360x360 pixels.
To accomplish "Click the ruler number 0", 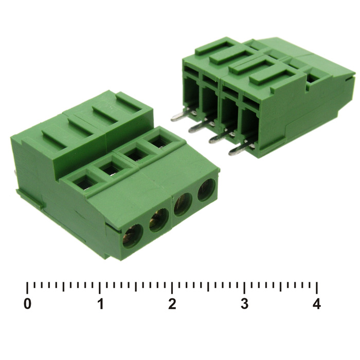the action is [x=27, y=304].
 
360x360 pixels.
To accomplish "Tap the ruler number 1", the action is [x=100, y=304].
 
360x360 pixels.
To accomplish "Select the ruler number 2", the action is [x=172, y=304].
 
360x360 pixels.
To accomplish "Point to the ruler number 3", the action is [x=244, y=304].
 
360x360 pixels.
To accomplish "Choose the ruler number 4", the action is [x=317, y=304].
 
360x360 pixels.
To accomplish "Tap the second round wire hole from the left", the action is [x=158, y=220].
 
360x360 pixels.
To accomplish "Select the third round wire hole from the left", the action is [x=183, y=204].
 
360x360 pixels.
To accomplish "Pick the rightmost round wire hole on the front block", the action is [x=206, y=190].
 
